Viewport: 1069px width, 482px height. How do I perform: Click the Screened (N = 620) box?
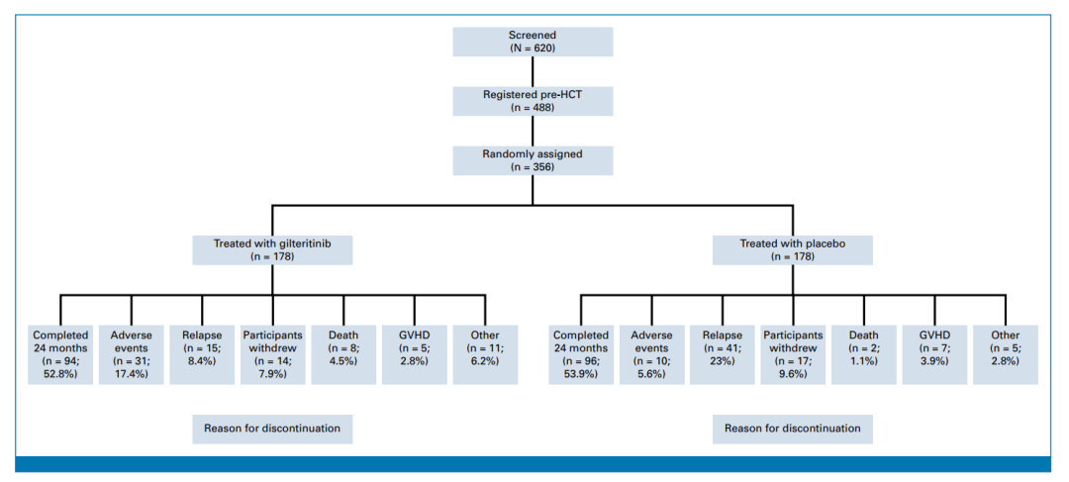[534, 42]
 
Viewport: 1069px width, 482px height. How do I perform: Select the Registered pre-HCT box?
[534, 101]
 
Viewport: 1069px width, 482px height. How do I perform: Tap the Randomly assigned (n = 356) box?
[534, 160]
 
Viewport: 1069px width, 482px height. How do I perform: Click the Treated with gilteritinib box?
[273, 249]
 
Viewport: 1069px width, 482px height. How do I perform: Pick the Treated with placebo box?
[792, 249]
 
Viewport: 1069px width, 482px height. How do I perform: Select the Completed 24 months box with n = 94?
[60, 354]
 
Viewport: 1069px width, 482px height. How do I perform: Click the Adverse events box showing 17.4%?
[131, 354]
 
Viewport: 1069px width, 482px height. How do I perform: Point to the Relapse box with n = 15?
[202, 354]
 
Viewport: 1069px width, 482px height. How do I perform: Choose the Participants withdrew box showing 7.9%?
[273, 354]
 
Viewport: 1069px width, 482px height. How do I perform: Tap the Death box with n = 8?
[343, 354]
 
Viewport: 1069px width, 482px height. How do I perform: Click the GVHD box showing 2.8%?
[415, 354]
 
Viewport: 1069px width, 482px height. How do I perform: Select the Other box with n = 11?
[485, 354]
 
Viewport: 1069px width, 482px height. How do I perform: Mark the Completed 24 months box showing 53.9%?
[581, 354]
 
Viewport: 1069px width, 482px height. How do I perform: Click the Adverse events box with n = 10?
[651, 354]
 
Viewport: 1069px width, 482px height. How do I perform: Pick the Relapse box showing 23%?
[723, 354]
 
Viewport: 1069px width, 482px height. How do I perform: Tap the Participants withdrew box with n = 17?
[794, 354]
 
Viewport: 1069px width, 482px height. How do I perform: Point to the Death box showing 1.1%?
[864, 354]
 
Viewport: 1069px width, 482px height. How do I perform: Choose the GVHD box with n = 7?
[935, 354]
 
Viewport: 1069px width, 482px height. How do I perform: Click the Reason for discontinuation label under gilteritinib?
[273, 429]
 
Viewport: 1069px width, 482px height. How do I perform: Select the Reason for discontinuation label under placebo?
[792, 429]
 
